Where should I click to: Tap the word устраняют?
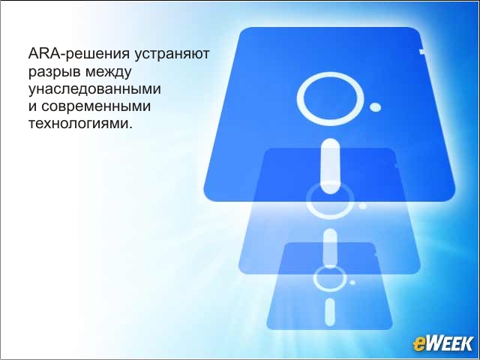coord(172,54)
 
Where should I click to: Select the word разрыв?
coord(55,72)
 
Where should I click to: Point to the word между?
coord(108,72)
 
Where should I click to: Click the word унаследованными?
coord(94,89)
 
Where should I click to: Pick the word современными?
coord(96,106)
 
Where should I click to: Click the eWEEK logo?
coord(443,343)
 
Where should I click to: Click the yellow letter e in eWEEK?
coord(419,345)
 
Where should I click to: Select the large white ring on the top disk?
coord(330,73)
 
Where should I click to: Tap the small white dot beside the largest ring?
coord(375,107)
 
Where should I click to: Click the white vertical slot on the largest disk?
coord(330,166)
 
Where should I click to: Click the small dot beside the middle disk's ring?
coord(363,206)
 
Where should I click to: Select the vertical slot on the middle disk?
coord(330,248)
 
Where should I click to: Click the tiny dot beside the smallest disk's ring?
coord(352,282)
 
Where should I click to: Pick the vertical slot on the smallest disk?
coord(330,312)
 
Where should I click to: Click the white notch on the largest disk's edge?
coord(422,52)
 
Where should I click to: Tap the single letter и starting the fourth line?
coord(32,106)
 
